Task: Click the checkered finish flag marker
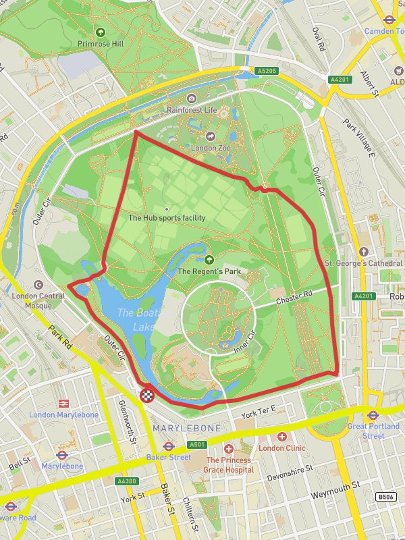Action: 146,395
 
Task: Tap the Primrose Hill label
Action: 101,43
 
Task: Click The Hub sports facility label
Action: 167,218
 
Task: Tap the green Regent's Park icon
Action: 209,259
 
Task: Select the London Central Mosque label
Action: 37,301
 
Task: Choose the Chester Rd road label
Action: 294,296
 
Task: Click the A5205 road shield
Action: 267,70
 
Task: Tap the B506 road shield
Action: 385,497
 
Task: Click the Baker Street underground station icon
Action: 169,446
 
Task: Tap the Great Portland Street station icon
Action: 373,415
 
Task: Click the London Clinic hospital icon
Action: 281,437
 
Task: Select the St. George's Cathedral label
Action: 364,263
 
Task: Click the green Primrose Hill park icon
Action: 101,31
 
